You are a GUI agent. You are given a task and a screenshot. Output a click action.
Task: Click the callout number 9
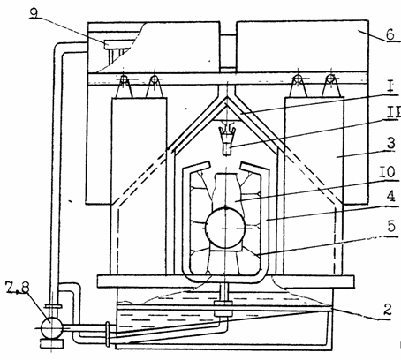point(34,13)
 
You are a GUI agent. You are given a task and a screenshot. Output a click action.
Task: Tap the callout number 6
point(390,34)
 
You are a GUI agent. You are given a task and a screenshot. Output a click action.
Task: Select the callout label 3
point(390,144)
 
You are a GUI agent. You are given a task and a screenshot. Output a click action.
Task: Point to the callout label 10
point(387,172)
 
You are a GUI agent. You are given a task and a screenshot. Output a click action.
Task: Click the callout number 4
point(390,196)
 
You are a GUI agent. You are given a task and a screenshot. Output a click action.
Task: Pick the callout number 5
point(391,226)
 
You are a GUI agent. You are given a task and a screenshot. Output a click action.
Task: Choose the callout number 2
point(388,310)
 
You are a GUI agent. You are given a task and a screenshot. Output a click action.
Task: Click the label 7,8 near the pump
point(18,288)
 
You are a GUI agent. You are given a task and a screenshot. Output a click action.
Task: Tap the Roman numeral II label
point(393,113)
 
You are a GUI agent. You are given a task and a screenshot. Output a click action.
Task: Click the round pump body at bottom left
point(51,327)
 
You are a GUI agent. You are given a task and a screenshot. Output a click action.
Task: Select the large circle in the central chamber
point(225,228)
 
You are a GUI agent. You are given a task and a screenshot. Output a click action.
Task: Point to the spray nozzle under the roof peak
point(227,139)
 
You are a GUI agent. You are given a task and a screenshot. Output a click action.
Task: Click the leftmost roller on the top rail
point(125,79)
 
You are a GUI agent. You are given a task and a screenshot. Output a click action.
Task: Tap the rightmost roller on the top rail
point(331,79)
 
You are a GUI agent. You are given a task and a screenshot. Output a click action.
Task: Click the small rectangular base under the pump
point(51,343)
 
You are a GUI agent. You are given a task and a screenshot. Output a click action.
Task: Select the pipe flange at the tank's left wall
point(108,334)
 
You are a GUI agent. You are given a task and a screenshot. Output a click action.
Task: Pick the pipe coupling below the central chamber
point(223,308)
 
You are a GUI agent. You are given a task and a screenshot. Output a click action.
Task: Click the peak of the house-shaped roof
point(227,97)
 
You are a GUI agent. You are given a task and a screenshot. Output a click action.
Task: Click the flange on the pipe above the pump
point(53,306)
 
